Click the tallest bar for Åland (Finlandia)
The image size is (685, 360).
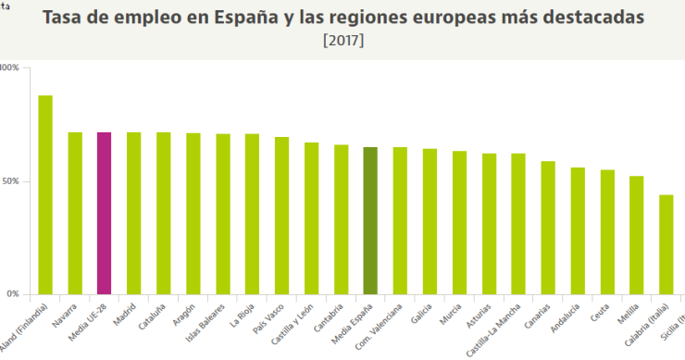tap(44, 194)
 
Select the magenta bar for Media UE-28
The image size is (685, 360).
tap(104, 213)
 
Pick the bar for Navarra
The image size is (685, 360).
tap(75, 213)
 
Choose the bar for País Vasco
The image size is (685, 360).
tap(281, 216)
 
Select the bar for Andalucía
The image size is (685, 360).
tap(578, 230)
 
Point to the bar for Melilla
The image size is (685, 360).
tap(637, 235)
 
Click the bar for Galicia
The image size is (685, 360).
tap(430, 221)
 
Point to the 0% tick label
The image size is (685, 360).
tap(12, 294)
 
